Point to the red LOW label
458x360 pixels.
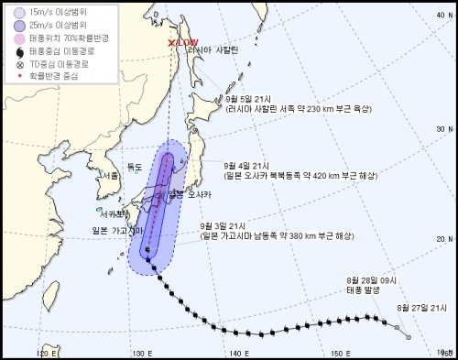click(x=188, y=42)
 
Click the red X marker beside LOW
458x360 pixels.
click(x=172, y=42)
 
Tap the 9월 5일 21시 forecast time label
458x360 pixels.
click(x=245, y=99)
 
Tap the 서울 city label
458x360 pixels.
click(x=111, y=174)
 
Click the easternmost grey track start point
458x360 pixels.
click(x=409, y=336)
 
